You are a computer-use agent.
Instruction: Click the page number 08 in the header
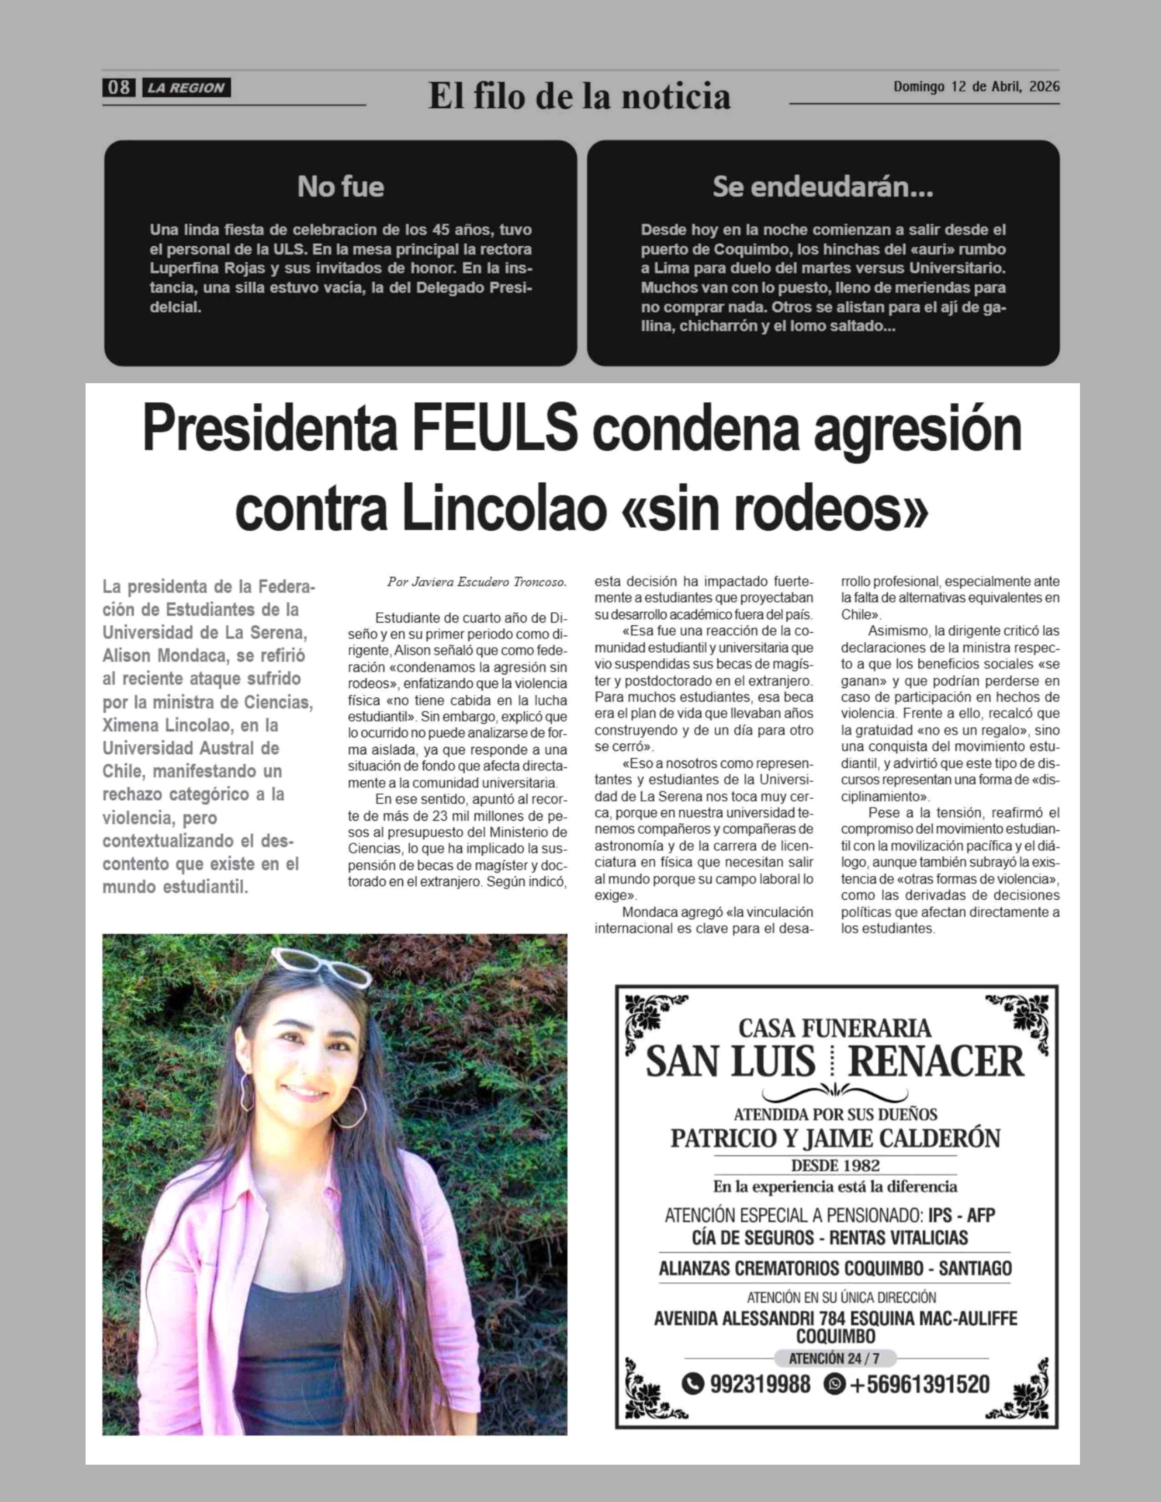coord(118,87)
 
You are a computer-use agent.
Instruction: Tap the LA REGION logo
coord(186,88)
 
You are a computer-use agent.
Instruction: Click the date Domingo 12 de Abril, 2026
coord(976,86)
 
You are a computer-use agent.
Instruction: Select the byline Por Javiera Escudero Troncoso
coord(477,582)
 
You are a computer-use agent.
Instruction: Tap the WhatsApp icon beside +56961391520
coord(834,1384)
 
